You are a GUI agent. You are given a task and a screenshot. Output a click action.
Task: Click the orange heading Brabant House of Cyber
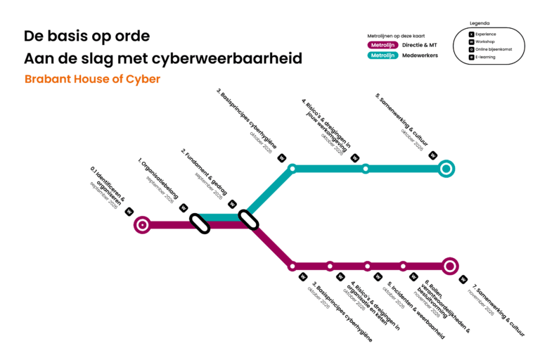(x=92, y=79)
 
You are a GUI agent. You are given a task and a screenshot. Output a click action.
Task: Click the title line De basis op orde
(x=86, y=36)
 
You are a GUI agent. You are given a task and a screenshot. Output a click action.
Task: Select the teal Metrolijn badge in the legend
(x=384, y=55)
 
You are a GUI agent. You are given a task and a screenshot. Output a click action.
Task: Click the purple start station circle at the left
(x=143, y=225)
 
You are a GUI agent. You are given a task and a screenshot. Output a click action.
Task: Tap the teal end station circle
(x=446, y=169)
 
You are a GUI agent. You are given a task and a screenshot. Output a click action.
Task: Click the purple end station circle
(x=451, y=266)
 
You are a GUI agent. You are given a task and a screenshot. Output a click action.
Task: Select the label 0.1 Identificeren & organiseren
(x=108, y=186)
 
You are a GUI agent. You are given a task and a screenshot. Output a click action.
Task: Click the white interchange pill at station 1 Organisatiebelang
(x=200, y=224)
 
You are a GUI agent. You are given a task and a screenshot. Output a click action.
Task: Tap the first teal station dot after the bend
(x=292, y=169)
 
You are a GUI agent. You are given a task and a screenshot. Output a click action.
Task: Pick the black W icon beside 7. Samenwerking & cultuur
(x=463, y=279)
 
